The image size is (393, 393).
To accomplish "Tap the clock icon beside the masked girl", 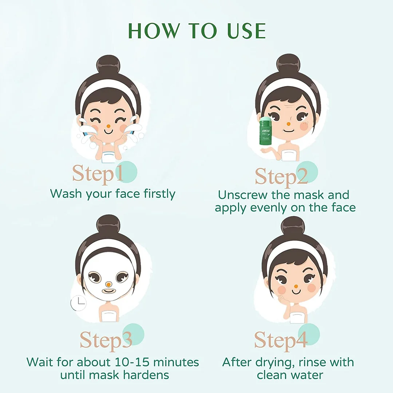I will (x=79, y=303).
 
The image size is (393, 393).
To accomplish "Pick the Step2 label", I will (x=281, y=176).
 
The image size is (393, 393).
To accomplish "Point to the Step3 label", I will (x=106, y=340).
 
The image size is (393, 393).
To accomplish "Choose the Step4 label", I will (x=281, y=340).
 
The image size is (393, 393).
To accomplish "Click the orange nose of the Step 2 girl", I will (x=289, y=124).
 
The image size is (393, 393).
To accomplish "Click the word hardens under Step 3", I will (x=146, y=375).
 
